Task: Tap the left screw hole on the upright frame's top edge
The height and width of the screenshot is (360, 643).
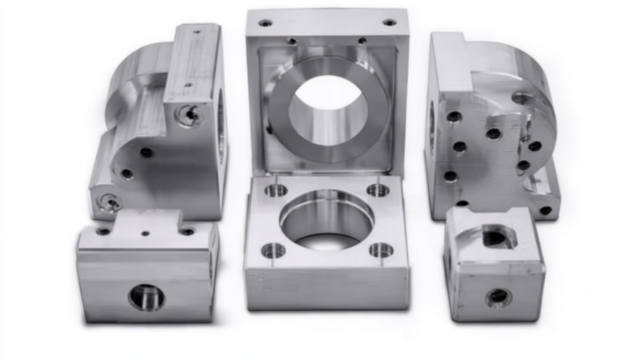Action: [265, 22]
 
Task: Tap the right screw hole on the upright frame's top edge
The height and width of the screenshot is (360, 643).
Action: [389, 22]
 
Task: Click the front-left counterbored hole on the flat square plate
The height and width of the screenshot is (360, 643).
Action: [273, 250]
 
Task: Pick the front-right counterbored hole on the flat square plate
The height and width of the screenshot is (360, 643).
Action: [381, 250]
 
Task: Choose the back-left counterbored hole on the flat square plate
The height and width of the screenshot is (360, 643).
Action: [276, 190]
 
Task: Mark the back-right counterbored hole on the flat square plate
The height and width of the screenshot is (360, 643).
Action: [378, 189]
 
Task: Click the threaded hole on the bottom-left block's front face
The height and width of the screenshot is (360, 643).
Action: [146, 298]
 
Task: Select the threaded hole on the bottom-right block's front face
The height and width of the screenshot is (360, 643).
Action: [498, 297]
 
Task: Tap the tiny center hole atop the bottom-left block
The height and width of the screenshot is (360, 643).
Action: [145, 233]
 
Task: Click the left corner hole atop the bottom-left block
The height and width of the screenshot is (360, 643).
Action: [103, 231]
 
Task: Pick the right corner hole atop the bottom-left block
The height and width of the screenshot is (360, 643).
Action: [187, 231]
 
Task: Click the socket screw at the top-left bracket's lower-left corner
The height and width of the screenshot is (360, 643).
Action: [110, 203]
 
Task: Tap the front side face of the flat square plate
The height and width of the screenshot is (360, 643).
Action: [327, 288]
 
